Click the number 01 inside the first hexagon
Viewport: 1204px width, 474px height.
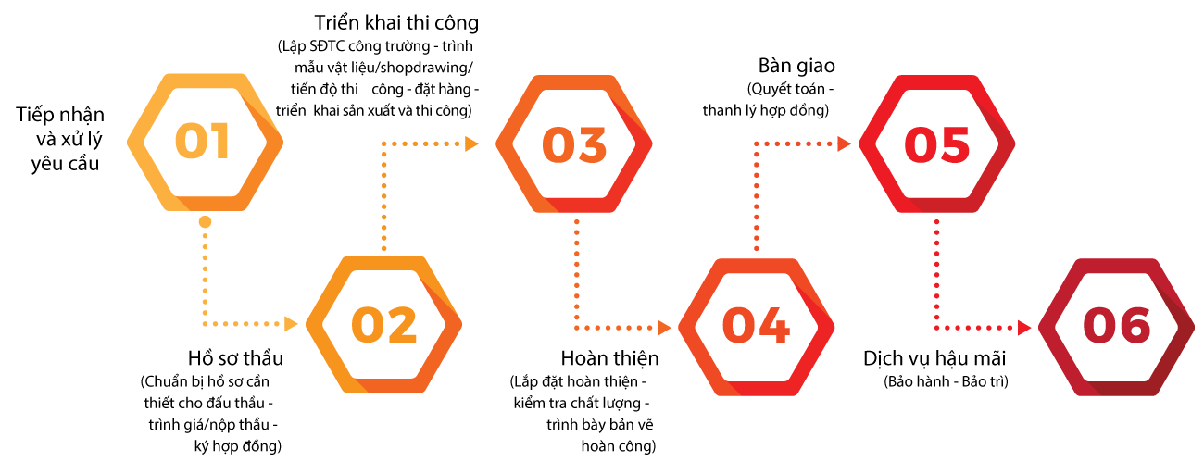203,143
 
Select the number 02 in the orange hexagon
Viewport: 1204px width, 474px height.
383,324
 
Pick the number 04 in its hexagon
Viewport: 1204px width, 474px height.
756,326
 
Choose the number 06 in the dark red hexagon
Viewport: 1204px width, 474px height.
1116,326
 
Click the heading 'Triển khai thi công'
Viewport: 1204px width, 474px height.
396,22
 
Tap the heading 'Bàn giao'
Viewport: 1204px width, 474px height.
796,66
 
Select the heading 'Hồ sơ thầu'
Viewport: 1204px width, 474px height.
235,358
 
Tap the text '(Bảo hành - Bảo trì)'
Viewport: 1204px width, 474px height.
946,381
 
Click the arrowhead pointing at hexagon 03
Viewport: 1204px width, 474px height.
471,143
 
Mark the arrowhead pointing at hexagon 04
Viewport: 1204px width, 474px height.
664,327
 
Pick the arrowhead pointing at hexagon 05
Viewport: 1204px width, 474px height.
844,143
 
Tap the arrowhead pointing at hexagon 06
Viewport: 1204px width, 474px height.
1024,327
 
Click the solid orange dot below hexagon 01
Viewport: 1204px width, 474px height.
205,222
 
